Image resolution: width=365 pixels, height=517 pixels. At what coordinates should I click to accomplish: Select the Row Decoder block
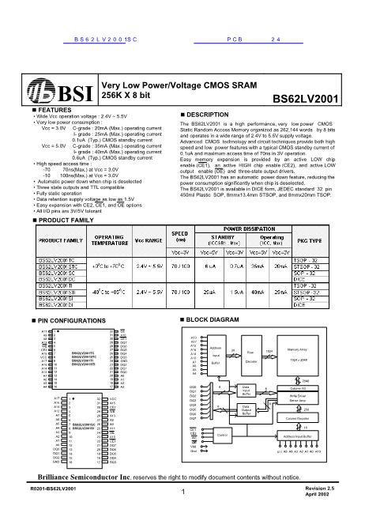(x=251, y=355)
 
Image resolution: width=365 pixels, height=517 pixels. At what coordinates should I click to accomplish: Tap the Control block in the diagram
(x=222, y=435)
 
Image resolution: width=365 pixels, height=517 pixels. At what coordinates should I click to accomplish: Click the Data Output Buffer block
(x=246, y=409)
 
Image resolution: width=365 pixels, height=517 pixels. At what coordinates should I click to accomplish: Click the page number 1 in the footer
(x=182, y=495)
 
